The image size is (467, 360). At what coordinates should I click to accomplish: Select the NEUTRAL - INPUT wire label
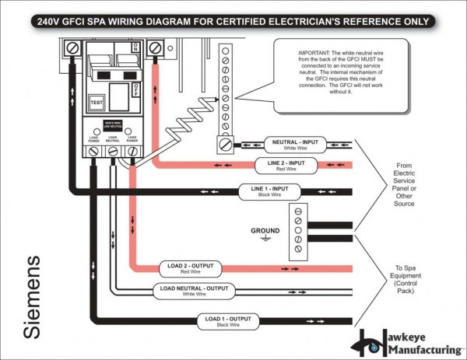click(294, 145)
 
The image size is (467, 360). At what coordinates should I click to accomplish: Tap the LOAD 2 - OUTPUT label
click(190, 268)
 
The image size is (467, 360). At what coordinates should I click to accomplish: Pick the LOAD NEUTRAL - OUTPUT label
click(195, 291)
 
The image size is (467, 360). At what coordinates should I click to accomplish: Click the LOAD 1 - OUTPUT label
click(227, 320)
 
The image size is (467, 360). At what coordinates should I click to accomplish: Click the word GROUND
click(265, 230)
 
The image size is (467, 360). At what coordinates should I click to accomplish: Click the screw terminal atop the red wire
click(155, 47)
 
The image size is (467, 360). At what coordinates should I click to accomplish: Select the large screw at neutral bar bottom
click(226, 144)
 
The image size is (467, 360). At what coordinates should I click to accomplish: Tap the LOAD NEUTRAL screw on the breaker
click(113, 149)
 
